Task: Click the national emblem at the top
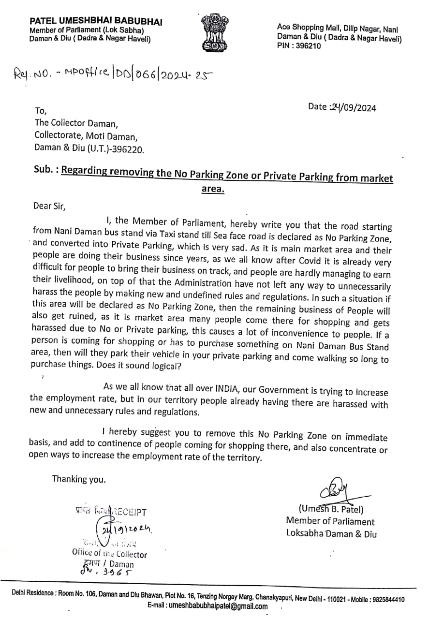(x=215, y=31)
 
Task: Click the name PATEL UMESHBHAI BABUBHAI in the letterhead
(x=96, y=22)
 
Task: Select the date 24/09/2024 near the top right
(x=342, y=107)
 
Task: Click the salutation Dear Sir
(x=48, y=206)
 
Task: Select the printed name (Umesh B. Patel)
(x=331, y=509)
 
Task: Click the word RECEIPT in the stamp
(x=130, y=512)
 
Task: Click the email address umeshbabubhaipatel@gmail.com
(x=207, y=607)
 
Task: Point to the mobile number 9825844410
(x=387, y=599)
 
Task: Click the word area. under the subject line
(x=213, y=189)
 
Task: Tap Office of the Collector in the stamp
(x=109, y=554)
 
